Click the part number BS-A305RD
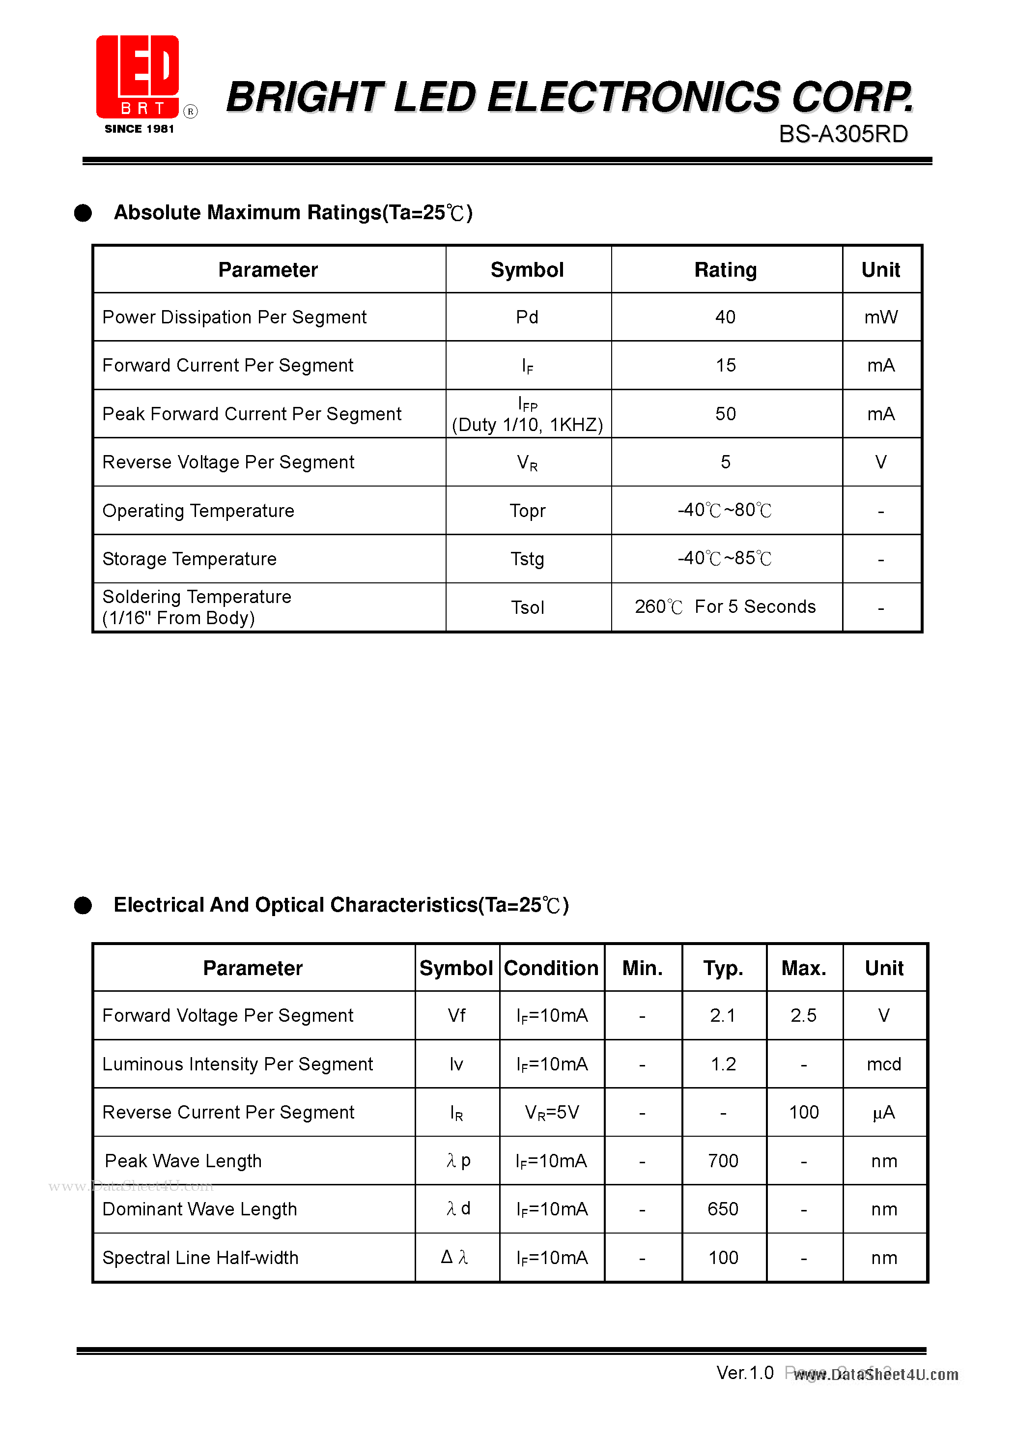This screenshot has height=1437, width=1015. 843,134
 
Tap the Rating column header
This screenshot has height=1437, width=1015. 725,270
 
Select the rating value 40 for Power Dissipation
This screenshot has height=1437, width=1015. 725,317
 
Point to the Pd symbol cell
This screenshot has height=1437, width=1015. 527,317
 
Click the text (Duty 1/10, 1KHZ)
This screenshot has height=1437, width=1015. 527,425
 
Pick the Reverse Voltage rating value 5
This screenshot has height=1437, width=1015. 725,462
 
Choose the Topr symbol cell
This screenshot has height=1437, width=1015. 527,511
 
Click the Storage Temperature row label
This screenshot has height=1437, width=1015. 189,559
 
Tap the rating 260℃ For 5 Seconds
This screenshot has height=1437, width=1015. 725,606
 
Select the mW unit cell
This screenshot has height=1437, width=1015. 880,317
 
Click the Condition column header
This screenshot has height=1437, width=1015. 551,968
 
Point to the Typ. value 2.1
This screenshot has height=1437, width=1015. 723,1015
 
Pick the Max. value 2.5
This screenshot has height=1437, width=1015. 803,1015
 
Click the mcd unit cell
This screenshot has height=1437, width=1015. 884,1064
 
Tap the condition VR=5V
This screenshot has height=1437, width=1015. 551,1112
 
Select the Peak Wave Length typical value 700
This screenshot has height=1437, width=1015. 723,1161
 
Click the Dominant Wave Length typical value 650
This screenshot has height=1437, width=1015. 723,1209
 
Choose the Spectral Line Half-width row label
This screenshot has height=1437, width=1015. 200,1257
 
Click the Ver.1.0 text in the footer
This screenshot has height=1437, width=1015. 745,1373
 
